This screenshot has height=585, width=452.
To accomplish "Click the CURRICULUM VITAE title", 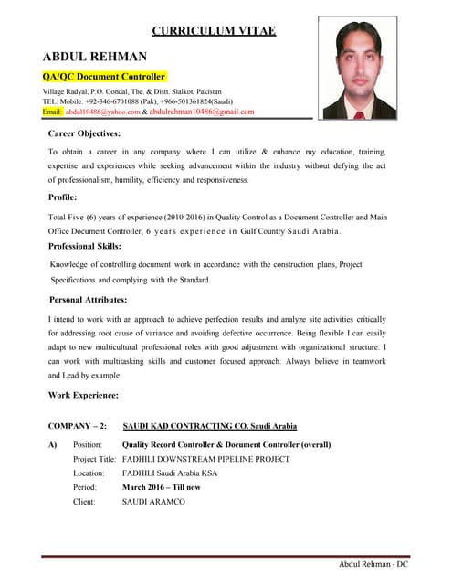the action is pos(213,30).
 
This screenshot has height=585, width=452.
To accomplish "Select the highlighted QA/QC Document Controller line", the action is pos(104,77).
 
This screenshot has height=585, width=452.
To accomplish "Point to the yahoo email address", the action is pos(102,112).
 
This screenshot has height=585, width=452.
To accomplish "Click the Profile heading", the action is pos(63,197).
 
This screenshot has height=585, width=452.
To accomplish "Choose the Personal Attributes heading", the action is pos(88,299).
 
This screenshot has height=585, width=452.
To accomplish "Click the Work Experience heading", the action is pos(83,395).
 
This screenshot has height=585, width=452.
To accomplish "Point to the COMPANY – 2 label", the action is pos(78,426).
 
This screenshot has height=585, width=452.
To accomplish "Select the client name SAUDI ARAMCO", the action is pos(153,502).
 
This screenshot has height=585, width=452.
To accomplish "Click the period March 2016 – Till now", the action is pos(161,487).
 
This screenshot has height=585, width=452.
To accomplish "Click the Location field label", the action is pos(89,473).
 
